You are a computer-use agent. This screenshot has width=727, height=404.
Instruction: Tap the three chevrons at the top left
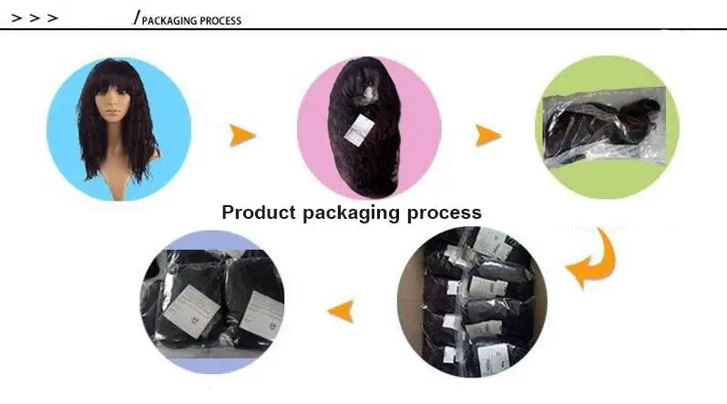(35, 17)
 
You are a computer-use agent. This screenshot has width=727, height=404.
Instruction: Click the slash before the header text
(137, 17)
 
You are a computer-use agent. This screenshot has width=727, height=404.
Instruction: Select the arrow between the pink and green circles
(488, 136)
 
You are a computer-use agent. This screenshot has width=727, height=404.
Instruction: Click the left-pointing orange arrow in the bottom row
(341, 311)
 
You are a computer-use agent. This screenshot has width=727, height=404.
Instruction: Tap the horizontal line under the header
(364, 30)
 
